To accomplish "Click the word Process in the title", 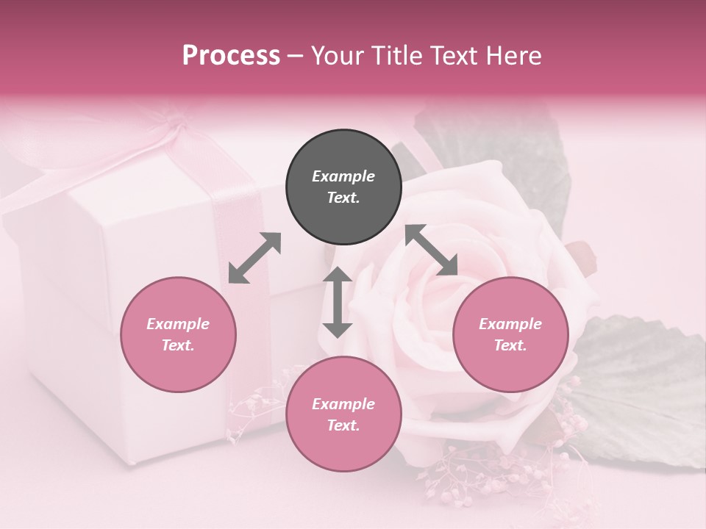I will pos(231,56).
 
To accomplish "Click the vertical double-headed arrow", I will pos(338,302).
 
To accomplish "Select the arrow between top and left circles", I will pos(254,258).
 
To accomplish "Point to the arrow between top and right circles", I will pos(432,251).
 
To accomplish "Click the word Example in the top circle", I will pos(343,176).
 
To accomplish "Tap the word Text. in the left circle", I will pos(178,345).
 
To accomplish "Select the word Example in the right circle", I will pos(510,324).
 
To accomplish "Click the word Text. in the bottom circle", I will pos(343,425).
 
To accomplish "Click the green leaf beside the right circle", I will pos(640,389).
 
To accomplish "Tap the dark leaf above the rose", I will pos(500,147).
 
